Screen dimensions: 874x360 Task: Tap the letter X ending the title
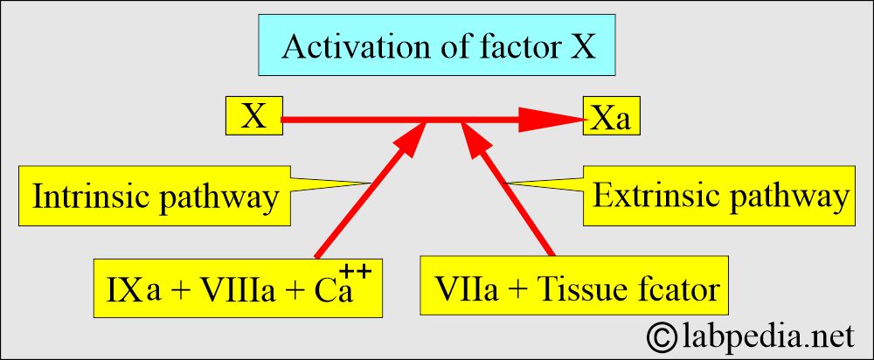(582, 46)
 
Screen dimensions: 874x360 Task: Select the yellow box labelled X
(254, 115)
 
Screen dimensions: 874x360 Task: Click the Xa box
(612, 115)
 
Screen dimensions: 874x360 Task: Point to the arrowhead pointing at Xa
(552, 119)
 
